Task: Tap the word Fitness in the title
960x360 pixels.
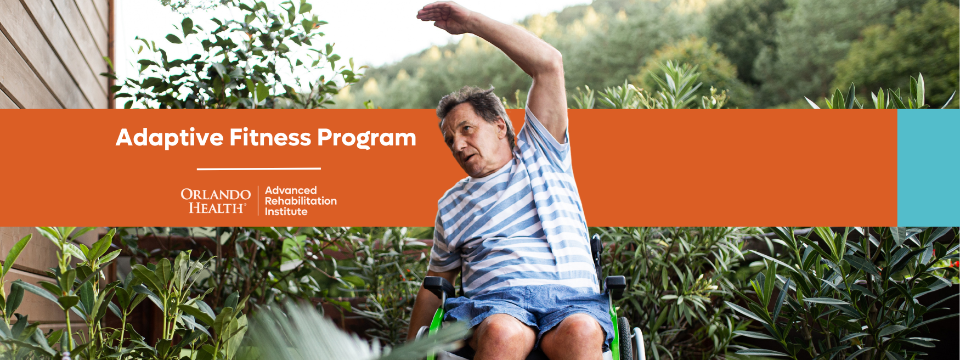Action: click(270, 137)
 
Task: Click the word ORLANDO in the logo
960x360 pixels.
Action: click(216, 194)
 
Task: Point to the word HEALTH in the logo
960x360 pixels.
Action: click(217, 208)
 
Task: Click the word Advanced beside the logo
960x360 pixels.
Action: click(291, 190)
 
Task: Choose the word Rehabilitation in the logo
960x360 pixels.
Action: click(301, 201)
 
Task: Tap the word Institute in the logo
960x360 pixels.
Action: click(286, 211)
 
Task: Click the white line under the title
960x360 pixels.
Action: click(259, 168)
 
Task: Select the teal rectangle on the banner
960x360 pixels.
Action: click(928, 167)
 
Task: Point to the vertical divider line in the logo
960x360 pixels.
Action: click(258, 201)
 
